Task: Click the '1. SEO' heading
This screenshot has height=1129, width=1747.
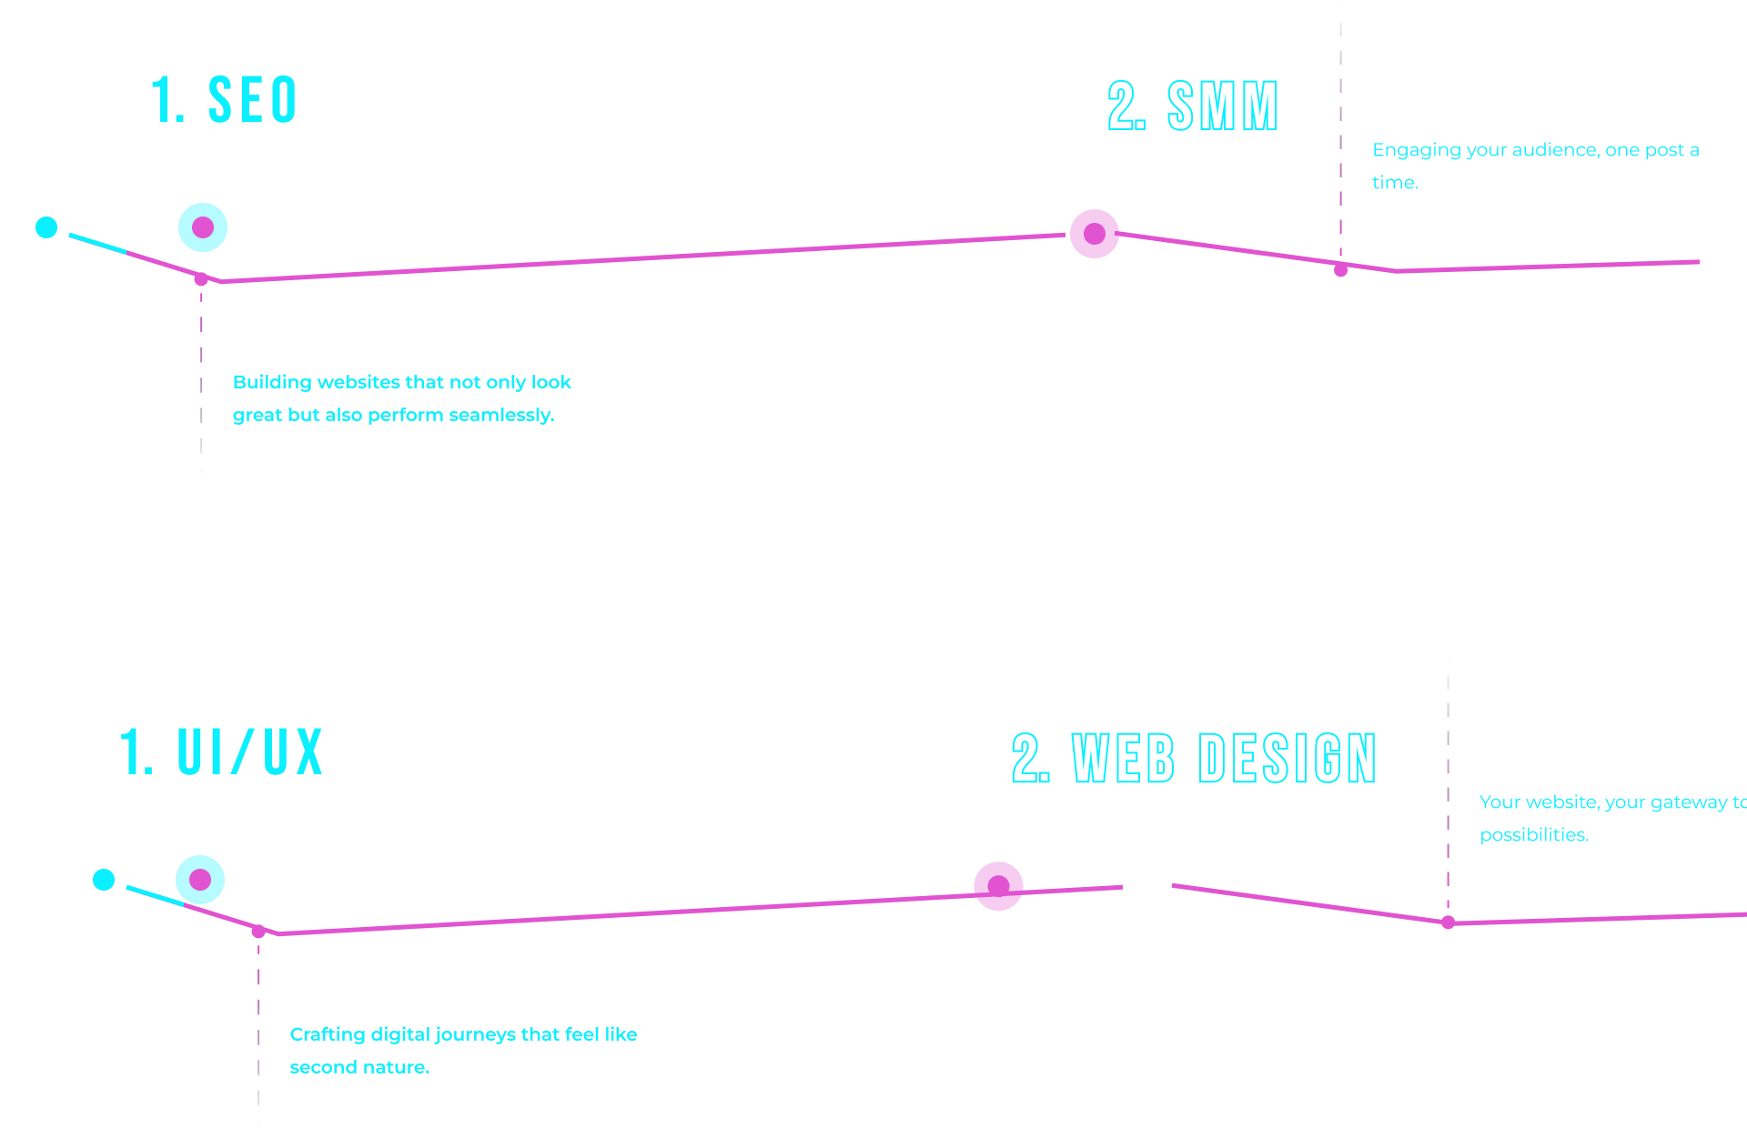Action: click(224, 100)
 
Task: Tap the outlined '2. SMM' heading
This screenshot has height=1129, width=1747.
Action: click(1193, 106)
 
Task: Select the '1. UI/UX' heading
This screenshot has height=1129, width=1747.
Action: click(221, 752)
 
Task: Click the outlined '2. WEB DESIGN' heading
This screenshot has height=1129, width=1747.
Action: click(1193, 758)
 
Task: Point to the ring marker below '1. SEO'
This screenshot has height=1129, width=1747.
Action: click(202, 227)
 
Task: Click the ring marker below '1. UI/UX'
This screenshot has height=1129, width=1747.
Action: click(200, 880)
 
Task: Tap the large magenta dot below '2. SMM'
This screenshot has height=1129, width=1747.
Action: click(1094, 234)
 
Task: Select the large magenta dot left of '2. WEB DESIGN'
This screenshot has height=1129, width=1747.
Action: click(998, 886)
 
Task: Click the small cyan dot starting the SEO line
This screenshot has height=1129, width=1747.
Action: click(46, 227)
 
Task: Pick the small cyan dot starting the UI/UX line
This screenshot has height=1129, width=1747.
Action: click(104, 880)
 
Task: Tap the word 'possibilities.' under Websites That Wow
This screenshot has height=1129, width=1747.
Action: click(1534, 835)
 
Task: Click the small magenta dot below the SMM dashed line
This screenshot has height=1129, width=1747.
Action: click(1340, 270)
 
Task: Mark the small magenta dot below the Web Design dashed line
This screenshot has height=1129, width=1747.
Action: click(1448, 922)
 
